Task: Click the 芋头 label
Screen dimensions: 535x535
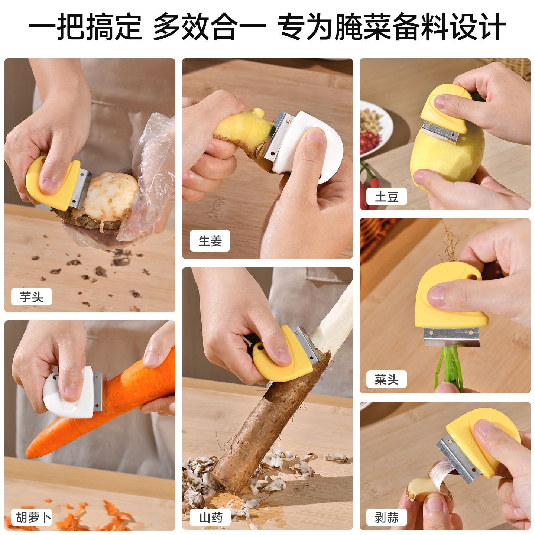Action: [31, 297]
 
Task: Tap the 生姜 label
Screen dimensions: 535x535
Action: [210, 241]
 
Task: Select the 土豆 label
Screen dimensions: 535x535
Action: [387, 197]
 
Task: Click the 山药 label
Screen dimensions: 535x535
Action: [210, 517]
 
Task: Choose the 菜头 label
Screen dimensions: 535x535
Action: [387, 379]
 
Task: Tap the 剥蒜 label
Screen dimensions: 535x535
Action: [387, 517]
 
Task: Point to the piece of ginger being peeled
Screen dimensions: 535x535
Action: [244, 133]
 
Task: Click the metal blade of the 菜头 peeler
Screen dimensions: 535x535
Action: [452, 337]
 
